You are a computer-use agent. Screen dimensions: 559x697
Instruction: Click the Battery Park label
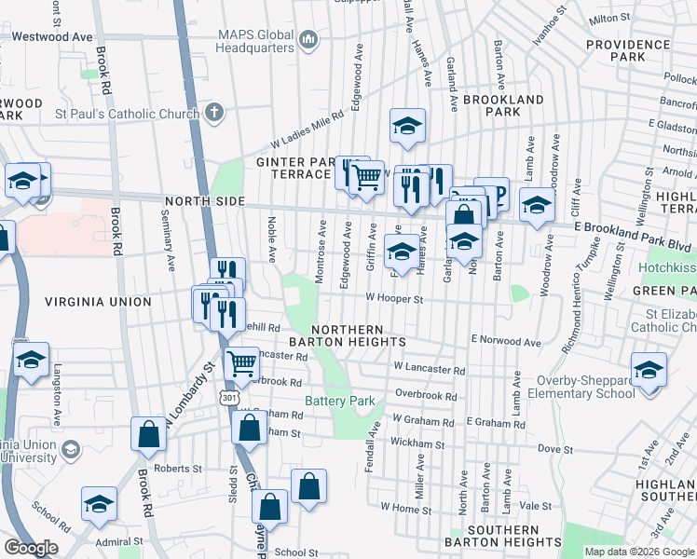pos(340,402)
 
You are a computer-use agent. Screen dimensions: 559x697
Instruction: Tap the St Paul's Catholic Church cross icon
pos(214,114)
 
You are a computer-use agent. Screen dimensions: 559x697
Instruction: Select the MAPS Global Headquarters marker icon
pos(308,40)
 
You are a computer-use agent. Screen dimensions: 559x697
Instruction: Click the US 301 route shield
pos(228,398)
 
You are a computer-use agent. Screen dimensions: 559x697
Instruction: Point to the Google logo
pos(31,548)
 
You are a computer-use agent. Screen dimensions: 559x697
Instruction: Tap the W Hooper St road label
pos(394,299)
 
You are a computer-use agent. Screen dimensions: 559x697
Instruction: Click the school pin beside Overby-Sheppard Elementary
pos(649,369)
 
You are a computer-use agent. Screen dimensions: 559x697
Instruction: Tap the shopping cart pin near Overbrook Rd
pos(242,362)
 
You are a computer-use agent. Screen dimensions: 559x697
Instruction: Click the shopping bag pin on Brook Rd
pos(149,433)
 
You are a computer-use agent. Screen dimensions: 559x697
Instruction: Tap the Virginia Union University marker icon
pos(70,451)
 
